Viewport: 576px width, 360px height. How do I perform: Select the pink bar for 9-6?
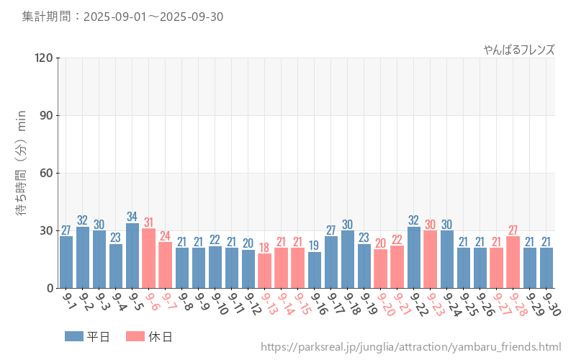149,258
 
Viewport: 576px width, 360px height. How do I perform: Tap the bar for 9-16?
314,270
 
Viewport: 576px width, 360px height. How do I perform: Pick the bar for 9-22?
413,258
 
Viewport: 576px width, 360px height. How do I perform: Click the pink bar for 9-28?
513,262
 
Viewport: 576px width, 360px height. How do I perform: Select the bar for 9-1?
66,262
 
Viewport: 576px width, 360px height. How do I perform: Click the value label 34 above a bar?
132,217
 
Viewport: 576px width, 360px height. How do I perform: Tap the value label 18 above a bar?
265,247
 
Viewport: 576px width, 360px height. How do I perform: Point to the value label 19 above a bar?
314,246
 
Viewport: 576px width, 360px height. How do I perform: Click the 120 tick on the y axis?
44,58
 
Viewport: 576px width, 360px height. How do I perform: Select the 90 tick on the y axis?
47,116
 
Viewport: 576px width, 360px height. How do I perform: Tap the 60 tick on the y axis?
47,174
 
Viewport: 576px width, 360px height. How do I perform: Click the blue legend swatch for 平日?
74,336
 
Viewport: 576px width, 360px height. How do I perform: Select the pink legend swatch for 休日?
135,336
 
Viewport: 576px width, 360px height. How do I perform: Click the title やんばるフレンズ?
518,50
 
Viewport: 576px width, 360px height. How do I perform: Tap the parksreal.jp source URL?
410,348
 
